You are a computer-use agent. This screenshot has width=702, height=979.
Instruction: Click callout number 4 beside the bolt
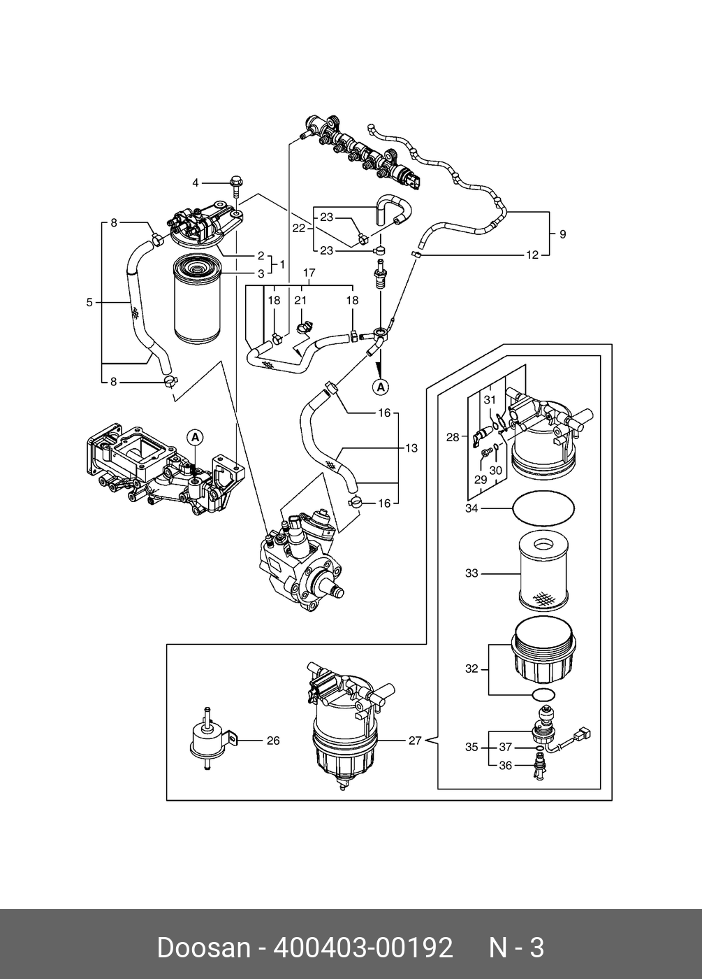(x=196, y=183)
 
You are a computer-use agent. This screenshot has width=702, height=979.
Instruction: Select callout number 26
(x=273, y=741)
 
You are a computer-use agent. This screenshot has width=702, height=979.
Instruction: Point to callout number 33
(x=471, y=573)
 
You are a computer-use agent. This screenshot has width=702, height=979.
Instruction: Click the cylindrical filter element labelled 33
(x=544, y=573)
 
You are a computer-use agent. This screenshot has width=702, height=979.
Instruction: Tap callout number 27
(x=415, y=741)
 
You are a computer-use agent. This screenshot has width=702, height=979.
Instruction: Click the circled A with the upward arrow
(x=381, y=387)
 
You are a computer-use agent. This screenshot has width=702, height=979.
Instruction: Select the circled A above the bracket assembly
(x=195, y=436)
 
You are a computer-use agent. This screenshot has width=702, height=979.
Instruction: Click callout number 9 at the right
(x=562, y=234)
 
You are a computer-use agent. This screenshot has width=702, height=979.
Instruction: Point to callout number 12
(x=532, y=255)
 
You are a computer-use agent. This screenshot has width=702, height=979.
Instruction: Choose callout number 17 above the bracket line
(x=309, y=273)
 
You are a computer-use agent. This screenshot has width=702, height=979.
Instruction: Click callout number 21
(x=300, y=300)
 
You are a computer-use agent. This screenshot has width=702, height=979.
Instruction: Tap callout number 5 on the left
(x=89, y=302)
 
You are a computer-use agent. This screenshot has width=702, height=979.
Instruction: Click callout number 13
(x=411, y=448)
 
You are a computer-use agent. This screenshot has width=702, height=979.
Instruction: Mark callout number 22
(x=299, y=228)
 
